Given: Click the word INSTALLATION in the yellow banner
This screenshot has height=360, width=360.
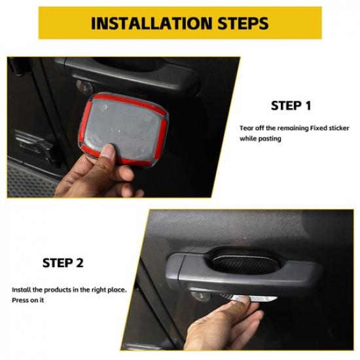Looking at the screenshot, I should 150,24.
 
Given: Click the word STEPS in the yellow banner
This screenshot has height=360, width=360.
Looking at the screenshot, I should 238,24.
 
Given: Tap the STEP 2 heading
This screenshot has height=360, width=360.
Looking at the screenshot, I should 63,262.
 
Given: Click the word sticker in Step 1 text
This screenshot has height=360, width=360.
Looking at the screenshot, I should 335,127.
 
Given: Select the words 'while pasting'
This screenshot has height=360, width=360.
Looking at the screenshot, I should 261,139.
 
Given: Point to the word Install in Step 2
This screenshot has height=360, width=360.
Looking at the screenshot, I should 22,289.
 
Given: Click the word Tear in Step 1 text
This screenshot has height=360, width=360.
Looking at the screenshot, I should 247,127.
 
